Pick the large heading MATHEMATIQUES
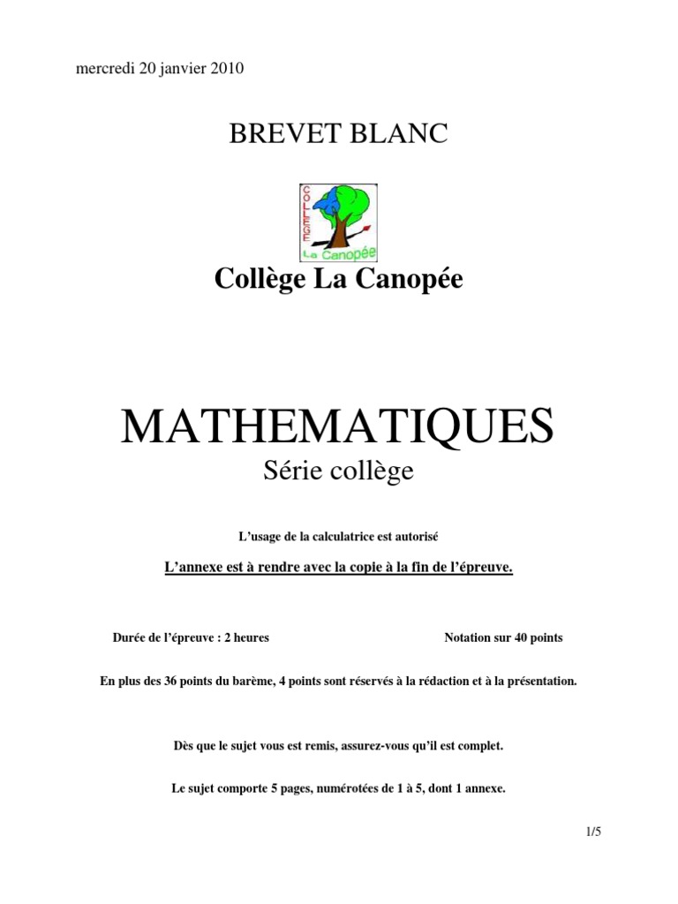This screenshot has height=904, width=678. pos(338,426)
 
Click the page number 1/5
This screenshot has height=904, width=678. pos(591,831)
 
